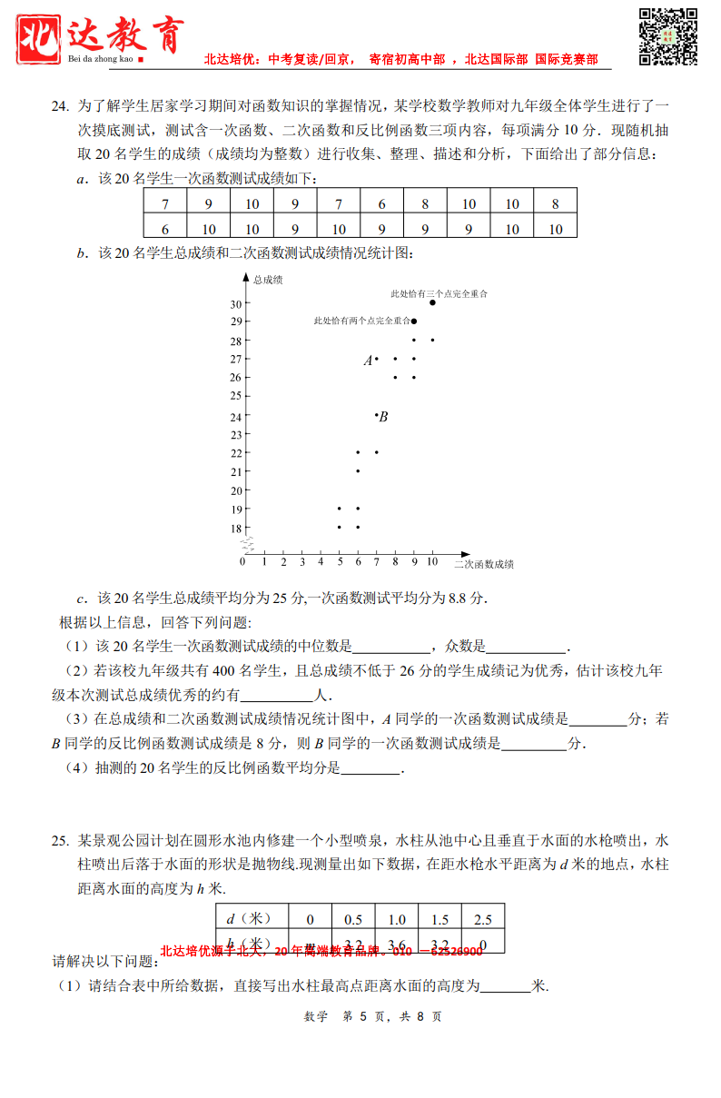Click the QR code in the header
[668, 36]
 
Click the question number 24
[59, 106]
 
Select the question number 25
[59, 840]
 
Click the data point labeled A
[377, 359]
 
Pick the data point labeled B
[377, 415]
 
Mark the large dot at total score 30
[432, 302]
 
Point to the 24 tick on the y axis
[236, 416]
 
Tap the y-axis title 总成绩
[268, 280]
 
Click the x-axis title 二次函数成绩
[484, 564]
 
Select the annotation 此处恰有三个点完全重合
[439, 293]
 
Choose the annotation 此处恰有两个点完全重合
[361, 321]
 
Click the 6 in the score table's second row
[165, 229]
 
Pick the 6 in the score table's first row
[382, 204]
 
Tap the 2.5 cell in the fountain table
[483, 919]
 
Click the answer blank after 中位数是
[390, 648]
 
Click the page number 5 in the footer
[361, 1016]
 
